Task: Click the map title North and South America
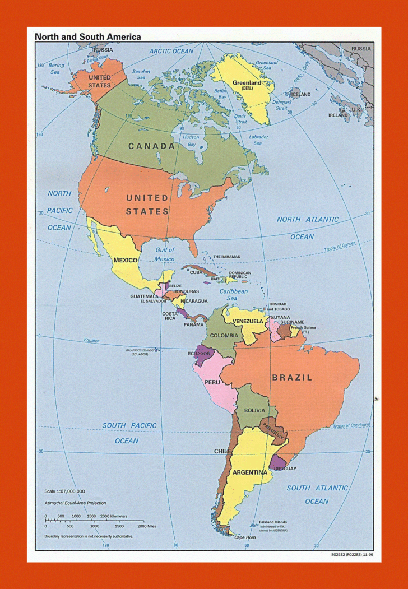[88, 37]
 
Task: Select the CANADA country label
[151, 146]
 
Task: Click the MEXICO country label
[126, 260]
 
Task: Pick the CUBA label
[196, 272]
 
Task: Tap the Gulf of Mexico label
[165, 254]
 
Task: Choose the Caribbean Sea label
[233, 295]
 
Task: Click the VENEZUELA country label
[248, 321]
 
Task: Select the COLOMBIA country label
[224, 336]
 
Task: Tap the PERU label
[212, 382]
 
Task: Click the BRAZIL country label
[292, 378]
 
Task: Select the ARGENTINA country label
[250, 472]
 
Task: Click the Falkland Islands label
[273, 521]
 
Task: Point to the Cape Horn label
[245, 537]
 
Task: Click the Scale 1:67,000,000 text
[64, 491]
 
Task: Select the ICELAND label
[301, 94]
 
